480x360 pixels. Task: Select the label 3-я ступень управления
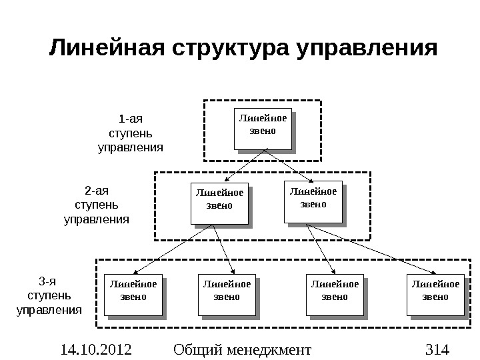click(x=49, y=295)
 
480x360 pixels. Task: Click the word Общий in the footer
click(x=195, y=348)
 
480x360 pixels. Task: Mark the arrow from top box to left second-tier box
click(x=243, y=167)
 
